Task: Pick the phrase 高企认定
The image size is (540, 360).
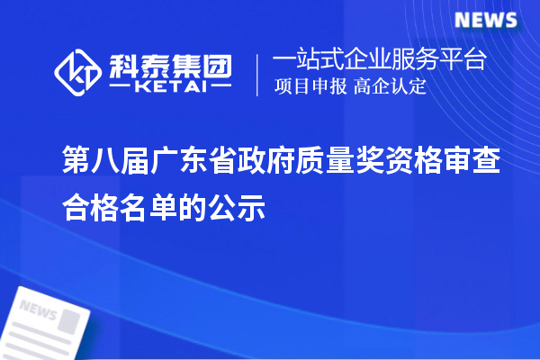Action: (x=390, y=87)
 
